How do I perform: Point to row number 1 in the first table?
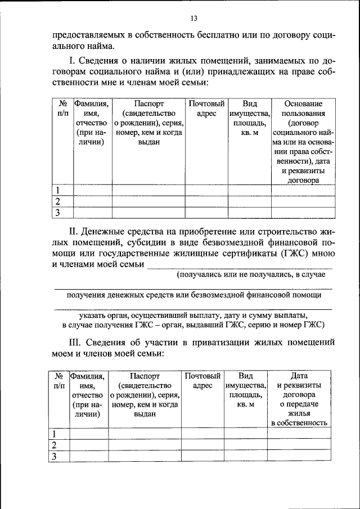tap(57, 190)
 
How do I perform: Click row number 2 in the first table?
tap(57, 201)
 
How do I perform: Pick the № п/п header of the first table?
tap(62, 109)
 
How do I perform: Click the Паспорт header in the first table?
tap(149, 104)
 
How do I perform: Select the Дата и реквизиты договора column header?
tap(298, 399)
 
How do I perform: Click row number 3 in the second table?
tap(56, 457)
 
